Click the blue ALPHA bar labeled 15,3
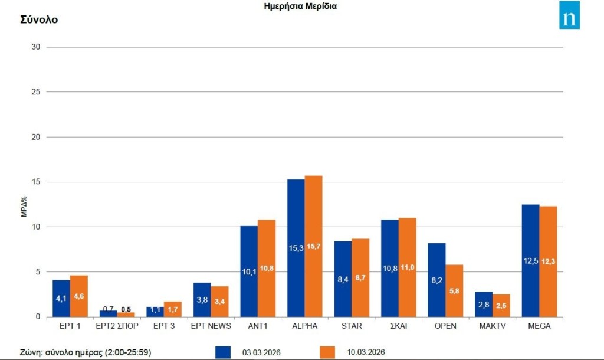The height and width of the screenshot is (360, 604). [296, 248]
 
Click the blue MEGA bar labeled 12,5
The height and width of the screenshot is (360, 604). [530, 260]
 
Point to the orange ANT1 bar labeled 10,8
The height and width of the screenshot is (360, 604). [267, 268]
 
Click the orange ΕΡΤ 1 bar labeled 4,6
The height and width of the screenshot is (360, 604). [79, 296]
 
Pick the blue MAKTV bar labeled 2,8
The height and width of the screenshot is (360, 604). [484, 304]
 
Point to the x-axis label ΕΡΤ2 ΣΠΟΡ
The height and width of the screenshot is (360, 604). [117, 325]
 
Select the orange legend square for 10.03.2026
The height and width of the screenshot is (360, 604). [327, 352]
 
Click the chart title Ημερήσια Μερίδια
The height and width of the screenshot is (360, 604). [301, 6]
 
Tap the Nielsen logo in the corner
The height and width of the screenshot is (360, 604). [569, 15]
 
